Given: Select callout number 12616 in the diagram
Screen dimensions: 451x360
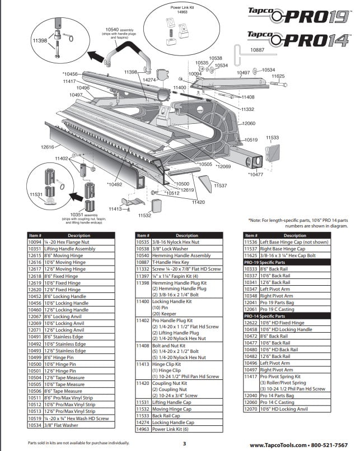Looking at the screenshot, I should click(47, 147).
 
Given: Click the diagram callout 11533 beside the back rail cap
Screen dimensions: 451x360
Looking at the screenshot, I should click(272, 137).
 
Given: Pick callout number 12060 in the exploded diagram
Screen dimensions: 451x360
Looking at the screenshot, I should click(249, 123).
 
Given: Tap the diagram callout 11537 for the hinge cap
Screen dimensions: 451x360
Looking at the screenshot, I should click(221, 185).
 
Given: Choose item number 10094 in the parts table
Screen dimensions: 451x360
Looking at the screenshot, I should click(35, 241).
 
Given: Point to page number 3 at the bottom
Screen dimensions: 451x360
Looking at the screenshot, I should click(184, 444).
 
